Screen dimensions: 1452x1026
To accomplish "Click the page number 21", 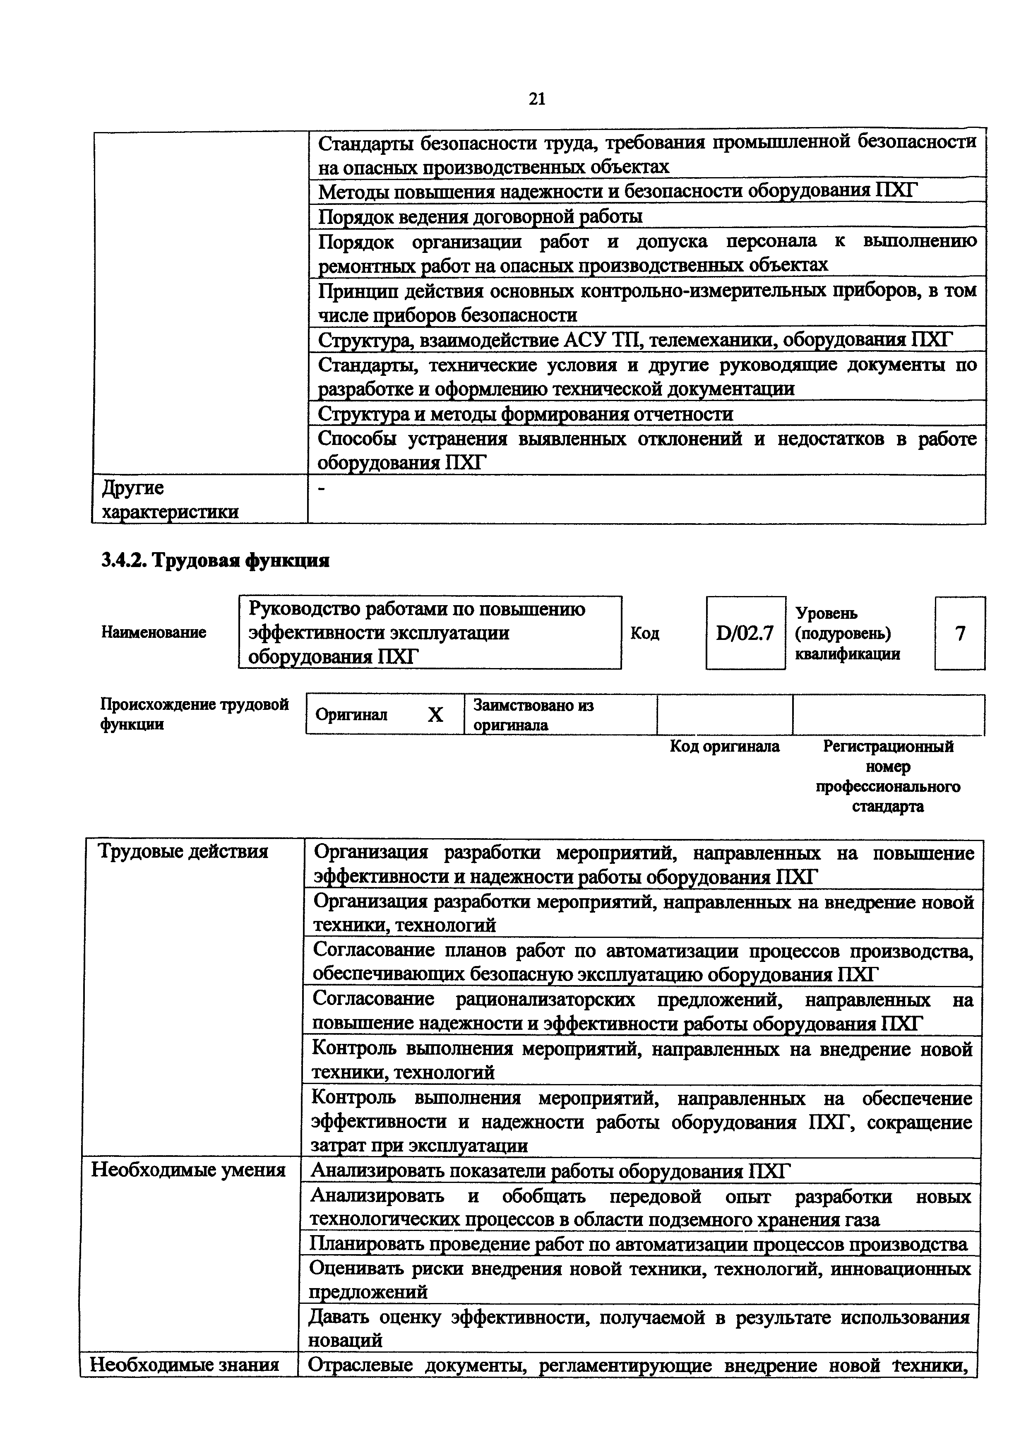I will (536, 99).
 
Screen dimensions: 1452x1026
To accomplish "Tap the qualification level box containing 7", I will (960, 633).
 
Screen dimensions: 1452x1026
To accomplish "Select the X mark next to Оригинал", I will (435, 714).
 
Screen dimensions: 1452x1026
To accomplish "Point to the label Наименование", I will (154, 632).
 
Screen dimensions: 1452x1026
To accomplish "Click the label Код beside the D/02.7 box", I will (645, 633).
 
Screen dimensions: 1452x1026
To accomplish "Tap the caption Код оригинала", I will (724, 747).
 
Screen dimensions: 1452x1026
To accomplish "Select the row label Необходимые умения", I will (188, 1170).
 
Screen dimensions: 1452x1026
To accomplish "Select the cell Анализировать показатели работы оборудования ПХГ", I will (550, 1171).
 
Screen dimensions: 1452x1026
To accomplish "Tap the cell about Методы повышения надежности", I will (616, 191).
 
